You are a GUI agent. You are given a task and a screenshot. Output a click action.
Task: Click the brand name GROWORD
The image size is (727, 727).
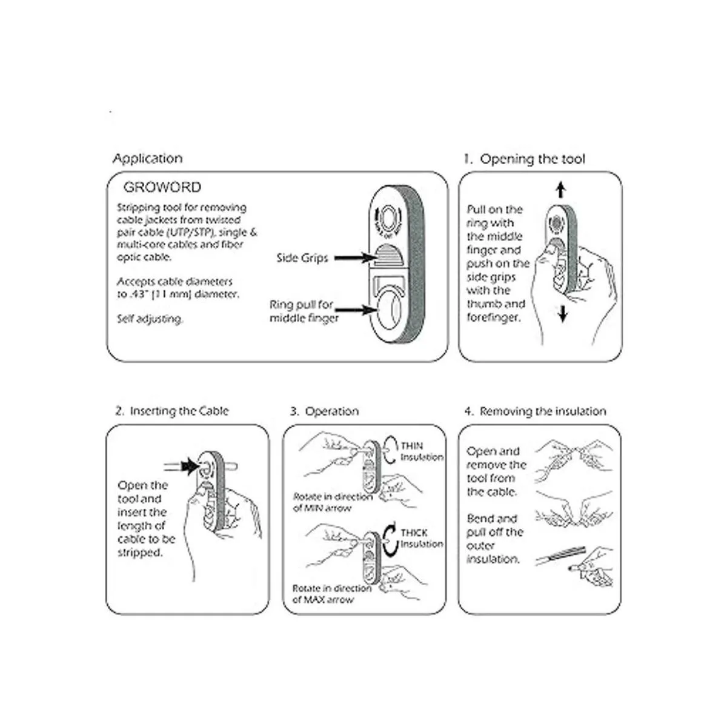[162, 187]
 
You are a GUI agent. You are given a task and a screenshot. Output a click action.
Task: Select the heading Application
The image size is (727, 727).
[147, 159]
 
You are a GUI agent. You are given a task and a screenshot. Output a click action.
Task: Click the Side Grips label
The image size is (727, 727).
[302, 258]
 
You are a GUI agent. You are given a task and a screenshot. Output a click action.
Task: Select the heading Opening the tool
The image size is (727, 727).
[525, 159]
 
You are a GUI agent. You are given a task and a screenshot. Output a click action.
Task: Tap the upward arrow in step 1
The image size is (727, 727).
[561, 191]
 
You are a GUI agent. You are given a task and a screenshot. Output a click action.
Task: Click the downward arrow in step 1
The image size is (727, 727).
[563, 314]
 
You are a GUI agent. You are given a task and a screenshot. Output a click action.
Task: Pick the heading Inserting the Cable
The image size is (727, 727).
[172, 411]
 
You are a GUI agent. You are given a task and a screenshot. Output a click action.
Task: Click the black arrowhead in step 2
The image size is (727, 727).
[191, 466]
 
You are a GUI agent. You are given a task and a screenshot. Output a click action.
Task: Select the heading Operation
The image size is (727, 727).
[324, 411]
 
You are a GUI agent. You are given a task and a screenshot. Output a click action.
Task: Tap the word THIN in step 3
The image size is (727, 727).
[412, 446]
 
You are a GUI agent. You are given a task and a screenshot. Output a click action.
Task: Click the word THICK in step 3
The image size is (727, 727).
[414, 533]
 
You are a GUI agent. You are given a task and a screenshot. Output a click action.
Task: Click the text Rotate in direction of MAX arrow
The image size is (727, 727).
[331, 594]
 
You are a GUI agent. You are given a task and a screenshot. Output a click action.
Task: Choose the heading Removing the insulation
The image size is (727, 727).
[536, 411]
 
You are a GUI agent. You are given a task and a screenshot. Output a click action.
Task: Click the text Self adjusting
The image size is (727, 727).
[150, 319]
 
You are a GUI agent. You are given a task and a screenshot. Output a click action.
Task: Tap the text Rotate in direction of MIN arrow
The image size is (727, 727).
[333, 502]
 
